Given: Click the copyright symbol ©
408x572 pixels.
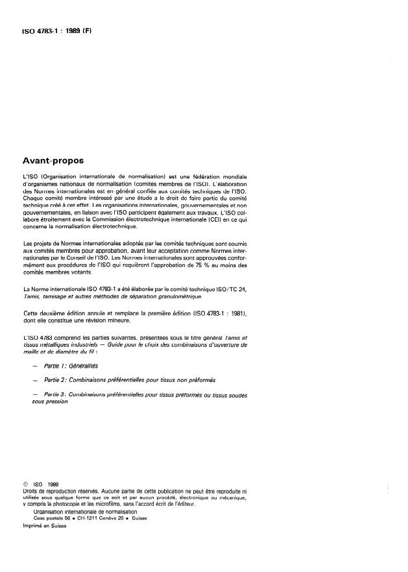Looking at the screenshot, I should click(26, 483).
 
